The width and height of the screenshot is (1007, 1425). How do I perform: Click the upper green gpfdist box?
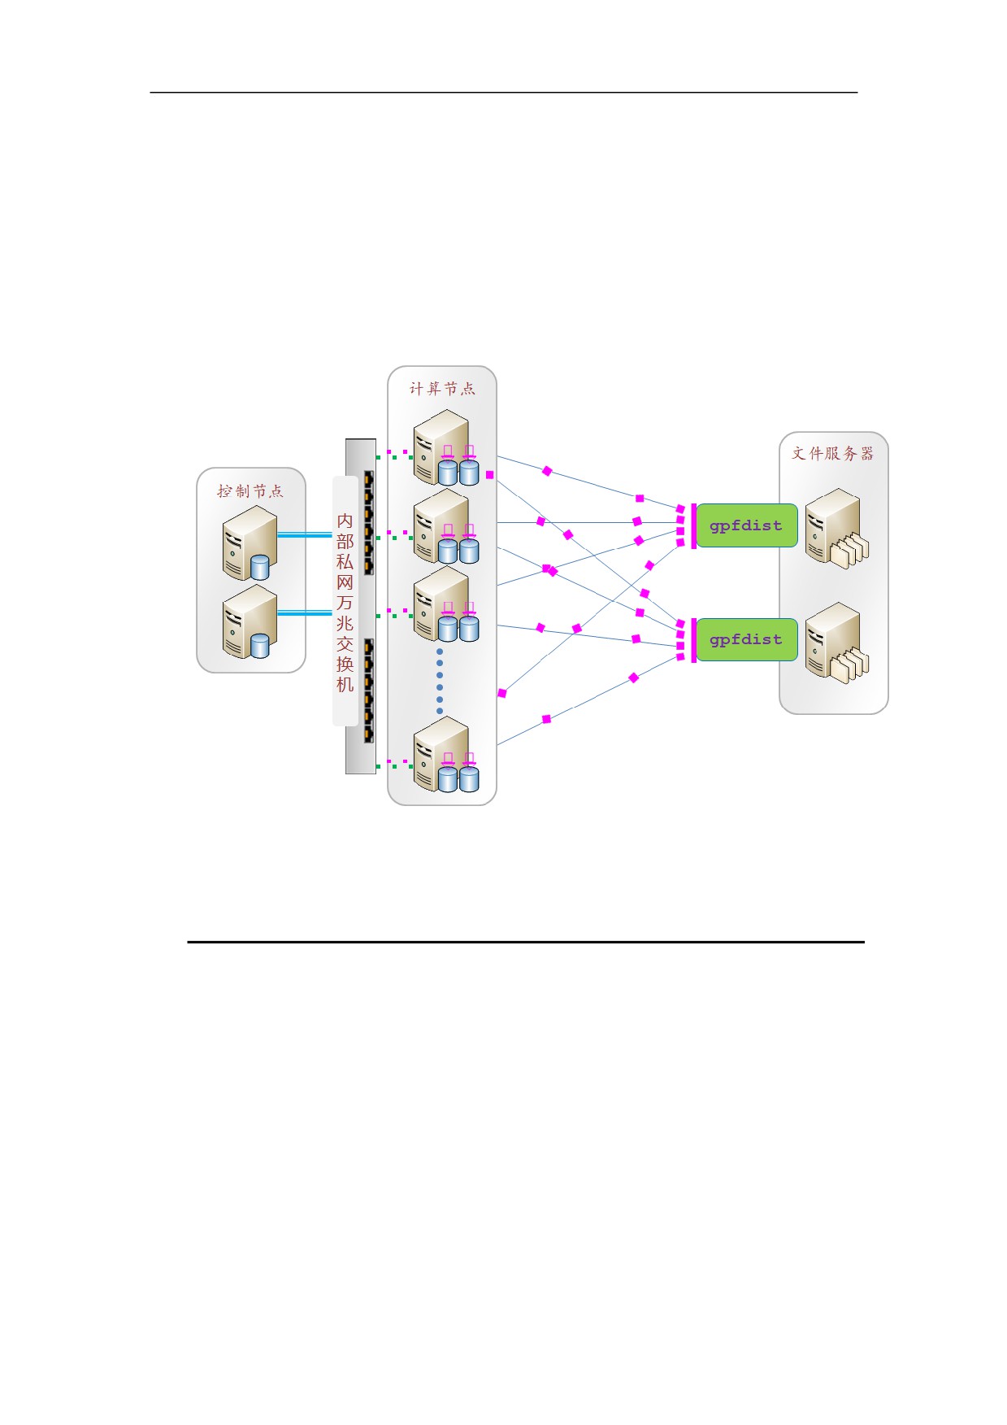click(747, 525)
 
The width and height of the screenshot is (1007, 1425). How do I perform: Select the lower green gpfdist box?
click(747, 639)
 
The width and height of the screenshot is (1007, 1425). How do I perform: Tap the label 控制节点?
click(250, 491)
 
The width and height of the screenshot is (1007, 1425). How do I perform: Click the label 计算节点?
click(442, 389)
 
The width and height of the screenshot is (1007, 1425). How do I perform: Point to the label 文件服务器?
click(833, 453)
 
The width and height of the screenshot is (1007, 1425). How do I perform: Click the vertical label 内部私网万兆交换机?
click(345, 602)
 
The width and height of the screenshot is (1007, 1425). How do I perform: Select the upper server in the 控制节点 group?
click(250, 543)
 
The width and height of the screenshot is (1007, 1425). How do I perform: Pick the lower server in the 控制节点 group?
click(250, 621)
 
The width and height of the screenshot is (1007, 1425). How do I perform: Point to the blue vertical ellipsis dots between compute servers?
click(440, 681)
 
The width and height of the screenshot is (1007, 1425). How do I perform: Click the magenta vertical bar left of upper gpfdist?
click(693, 526)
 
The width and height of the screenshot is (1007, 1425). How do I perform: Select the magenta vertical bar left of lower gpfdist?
click(693, 640)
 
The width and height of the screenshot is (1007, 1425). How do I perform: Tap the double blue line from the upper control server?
click(305, 534)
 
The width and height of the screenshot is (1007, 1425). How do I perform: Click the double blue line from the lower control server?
click(305, 612)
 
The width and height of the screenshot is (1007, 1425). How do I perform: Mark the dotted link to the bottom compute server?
click(395, 764)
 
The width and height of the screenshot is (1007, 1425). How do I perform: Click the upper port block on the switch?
click(368, 523)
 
